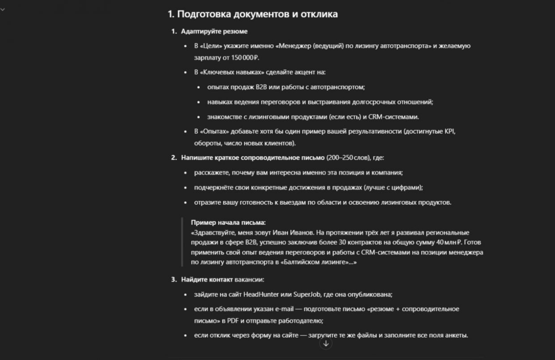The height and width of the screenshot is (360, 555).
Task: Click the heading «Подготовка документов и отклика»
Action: tap(257, 14)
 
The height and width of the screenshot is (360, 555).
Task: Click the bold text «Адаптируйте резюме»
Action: tap(214, 31)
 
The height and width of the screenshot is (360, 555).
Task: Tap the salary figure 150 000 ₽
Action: tap(245, 57)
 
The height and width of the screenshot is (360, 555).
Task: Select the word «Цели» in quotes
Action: tap(209, 46)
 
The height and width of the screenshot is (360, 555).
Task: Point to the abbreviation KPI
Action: tap(450, 131)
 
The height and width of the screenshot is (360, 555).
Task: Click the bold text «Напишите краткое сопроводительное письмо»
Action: tap(253, 158)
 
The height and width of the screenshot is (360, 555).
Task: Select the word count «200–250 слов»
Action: tap(347, 158)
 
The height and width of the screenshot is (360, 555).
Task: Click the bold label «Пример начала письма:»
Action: tap(228, 222)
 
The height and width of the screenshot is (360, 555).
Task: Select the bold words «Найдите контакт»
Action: tap(207, 280)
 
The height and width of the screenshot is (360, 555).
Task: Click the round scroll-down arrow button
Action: tap(326, 343)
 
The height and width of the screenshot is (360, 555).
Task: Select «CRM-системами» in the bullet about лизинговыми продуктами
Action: tap(394, 117)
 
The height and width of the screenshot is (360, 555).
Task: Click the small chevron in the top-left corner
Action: tap(2, 9)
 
